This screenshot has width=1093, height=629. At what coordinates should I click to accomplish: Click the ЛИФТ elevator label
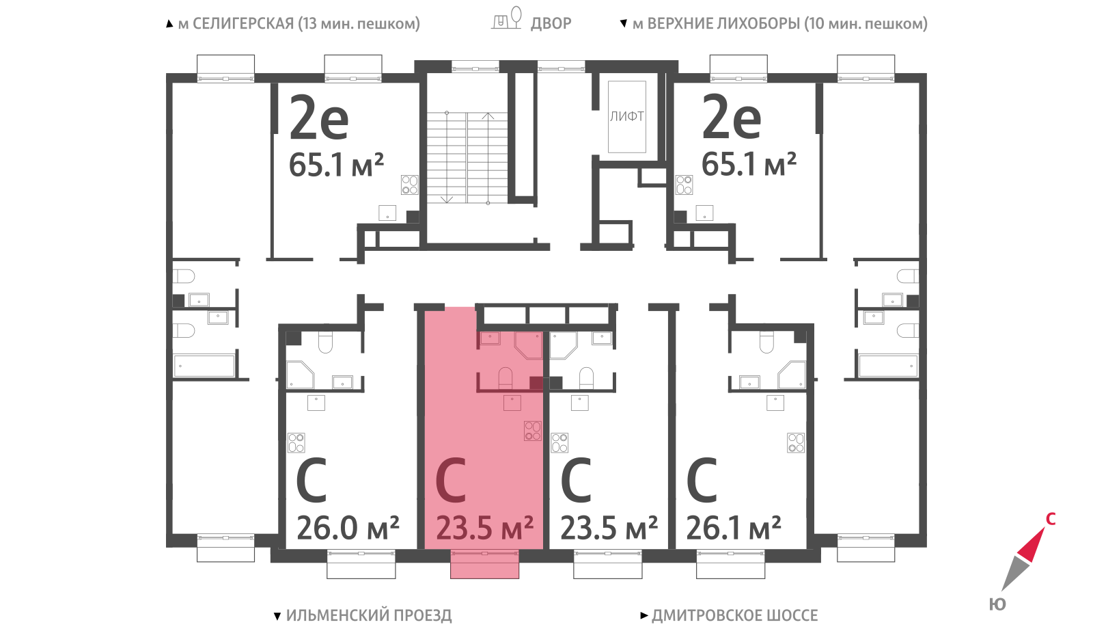pyautogui.click(x=626, y=117)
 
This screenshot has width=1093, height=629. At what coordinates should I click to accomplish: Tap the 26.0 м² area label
pyautogui.click(x=348, y=528)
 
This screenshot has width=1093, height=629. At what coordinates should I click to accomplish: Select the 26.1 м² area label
pyautogui.click(x=734, y=528)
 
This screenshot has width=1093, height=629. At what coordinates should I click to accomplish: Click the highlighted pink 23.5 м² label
pyautogui.click(x=484, y=528)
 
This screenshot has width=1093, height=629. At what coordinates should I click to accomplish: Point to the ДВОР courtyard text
pyautogui.click(x=551, y=23)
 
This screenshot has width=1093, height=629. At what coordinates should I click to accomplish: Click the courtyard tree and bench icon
pyautogui.click(x=506, y=18)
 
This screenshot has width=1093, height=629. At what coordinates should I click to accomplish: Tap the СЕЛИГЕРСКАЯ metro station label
pyautogui.click(x=299, y=23)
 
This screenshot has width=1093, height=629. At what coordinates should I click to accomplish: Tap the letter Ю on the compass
pyautogui.click(x=997, y=604)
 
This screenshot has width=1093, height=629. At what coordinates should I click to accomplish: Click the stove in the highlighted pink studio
pyautogui.click(x=532, y=431)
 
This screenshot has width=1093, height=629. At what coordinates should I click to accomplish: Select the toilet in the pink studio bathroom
pyautogui.click(x=505, y=378)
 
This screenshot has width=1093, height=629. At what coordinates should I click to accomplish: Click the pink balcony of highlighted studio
pyautogui.click(x=484, y=565)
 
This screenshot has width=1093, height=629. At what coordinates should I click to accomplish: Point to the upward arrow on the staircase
pyautogui.click(x=488, y=157)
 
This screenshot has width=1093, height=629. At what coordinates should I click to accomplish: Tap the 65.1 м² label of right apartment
pyautogui.click(x=749, y=164)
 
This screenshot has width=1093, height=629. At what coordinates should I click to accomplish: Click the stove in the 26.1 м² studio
pyautogui.click(x=796, y=443)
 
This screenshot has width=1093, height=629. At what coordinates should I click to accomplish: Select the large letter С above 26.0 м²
pyautogui.click(x=312, y=480)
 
